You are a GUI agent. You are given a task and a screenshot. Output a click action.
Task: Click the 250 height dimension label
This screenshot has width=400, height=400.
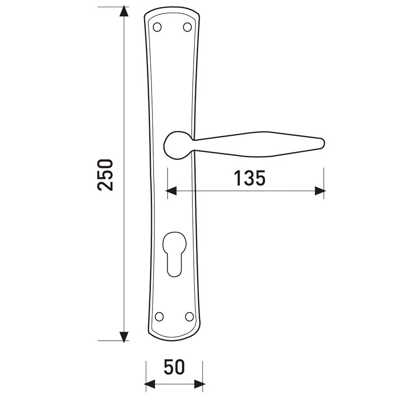pyautogui.click(x=105, y=175)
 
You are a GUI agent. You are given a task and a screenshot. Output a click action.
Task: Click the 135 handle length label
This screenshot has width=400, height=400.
pyautogui.click(x=250, y=178)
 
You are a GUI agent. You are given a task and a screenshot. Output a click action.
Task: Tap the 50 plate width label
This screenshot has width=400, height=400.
pyautogui.click(x=174, y=368)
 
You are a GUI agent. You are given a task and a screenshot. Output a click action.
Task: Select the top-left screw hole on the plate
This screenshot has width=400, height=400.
pyautogui.click(x=157, y=27)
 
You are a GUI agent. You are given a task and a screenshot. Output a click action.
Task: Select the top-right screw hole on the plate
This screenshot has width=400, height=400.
pyautogui.click(x=187, y=27)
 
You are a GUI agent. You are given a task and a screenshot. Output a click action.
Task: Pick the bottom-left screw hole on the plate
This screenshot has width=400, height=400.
pyautogui.click(x=159, y=317)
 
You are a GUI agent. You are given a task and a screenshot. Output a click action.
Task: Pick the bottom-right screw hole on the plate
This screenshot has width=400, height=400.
pyautogui.click(x=189, y=317)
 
